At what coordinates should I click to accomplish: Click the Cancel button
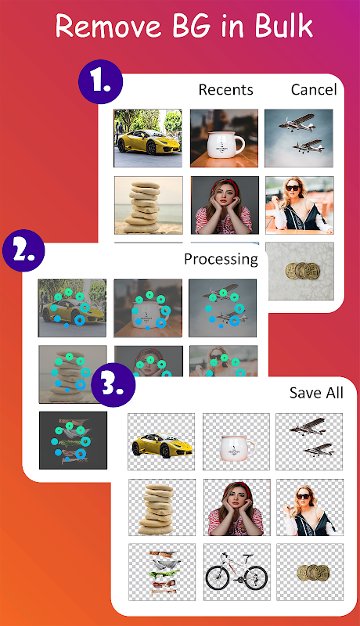(314, 90)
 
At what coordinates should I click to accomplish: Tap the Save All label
(316, 393)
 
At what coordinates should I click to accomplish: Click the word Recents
(226, 90)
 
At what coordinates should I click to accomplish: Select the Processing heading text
(221, 260)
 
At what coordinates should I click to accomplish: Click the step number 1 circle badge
(101, 82)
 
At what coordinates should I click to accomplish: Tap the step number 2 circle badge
(23, 250)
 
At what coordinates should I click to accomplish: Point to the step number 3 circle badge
(113, 385)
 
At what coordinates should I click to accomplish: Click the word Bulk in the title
(284, 26)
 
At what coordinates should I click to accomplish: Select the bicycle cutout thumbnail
(236, 572)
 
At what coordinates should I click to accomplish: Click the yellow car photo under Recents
(148, 139)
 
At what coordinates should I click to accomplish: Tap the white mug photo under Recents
(224, 139)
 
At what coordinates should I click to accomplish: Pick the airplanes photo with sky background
(299, 139)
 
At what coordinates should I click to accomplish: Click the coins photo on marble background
(301, 271)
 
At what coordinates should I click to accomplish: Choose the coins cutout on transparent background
(310, 572)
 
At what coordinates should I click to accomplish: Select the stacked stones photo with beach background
(149, 205)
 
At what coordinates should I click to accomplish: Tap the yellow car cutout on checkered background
(161, 441)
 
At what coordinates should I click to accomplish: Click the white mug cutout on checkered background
(236, 441)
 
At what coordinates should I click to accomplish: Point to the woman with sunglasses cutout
(310, 507)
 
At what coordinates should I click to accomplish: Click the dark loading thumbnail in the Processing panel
(73, 441)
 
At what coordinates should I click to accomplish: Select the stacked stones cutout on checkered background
(162, 507)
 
